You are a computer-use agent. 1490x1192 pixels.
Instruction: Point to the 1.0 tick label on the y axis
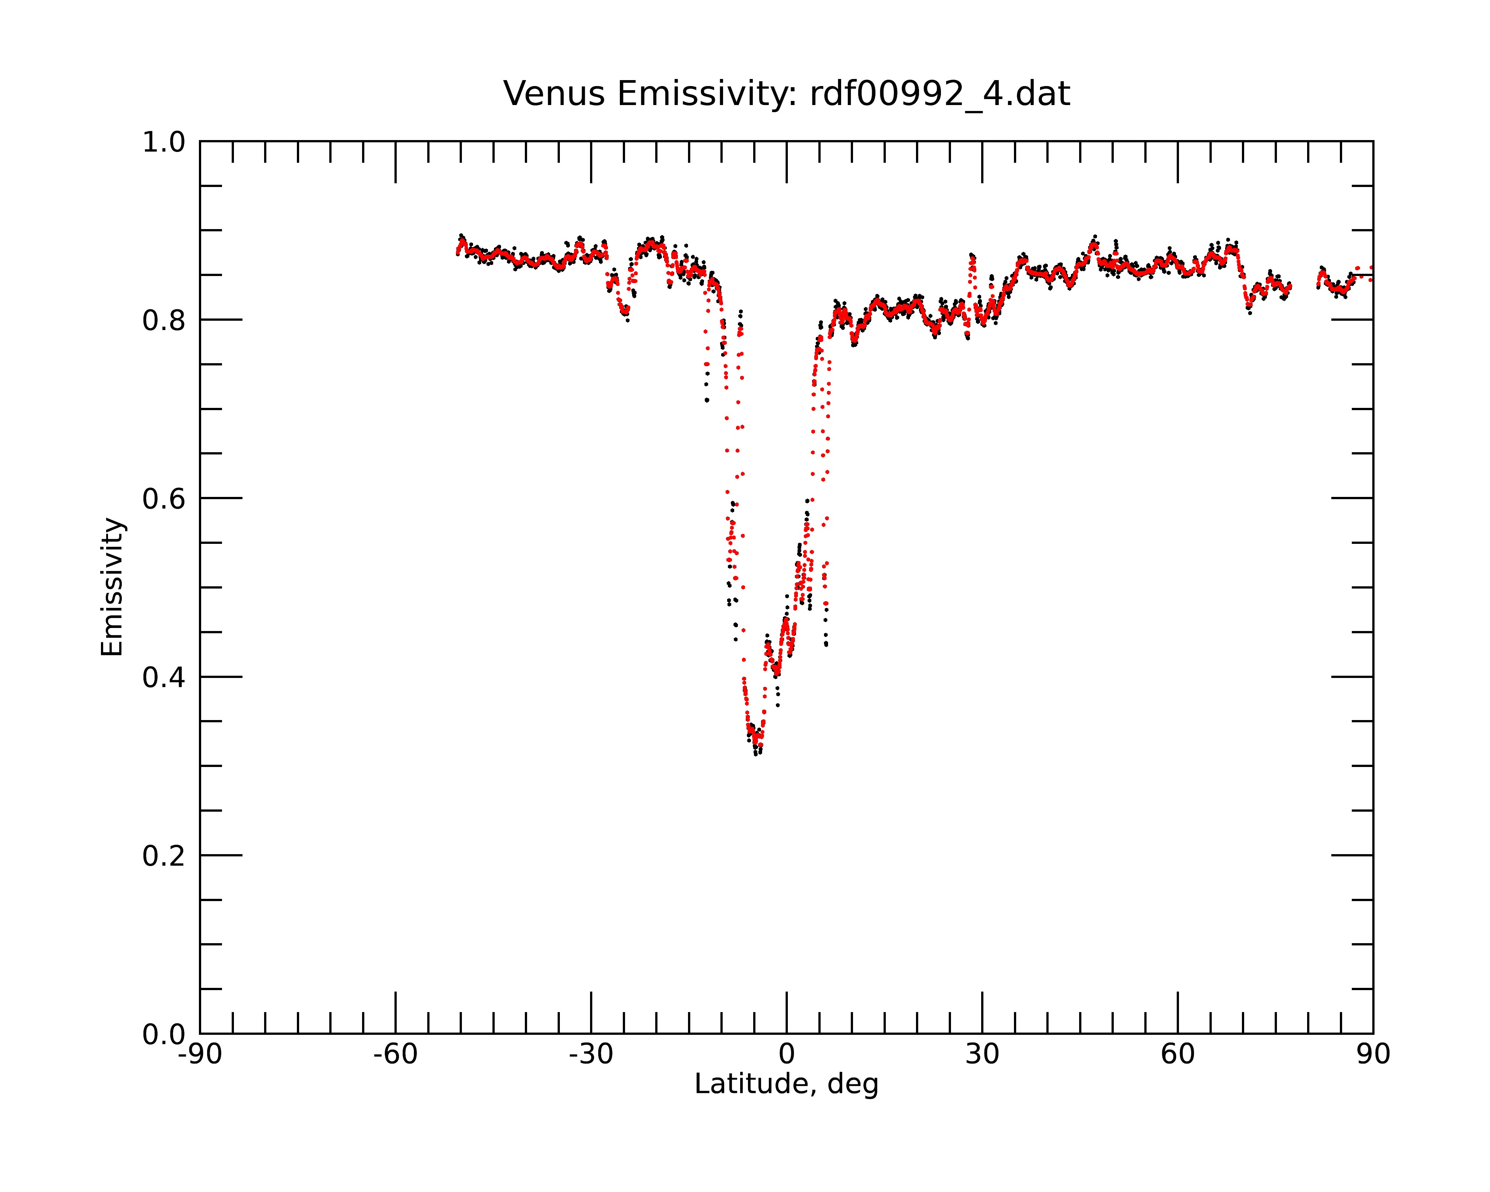(164, 143)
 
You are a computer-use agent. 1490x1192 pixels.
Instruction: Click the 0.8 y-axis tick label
(164, 321)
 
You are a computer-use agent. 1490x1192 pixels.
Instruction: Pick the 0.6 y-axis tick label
(164, 499)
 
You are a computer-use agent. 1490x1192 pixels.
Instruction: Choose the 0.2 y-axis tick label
(164, 856)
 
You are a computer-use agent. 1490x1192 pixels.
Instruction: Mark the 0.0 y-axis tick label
(164, 1034)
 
